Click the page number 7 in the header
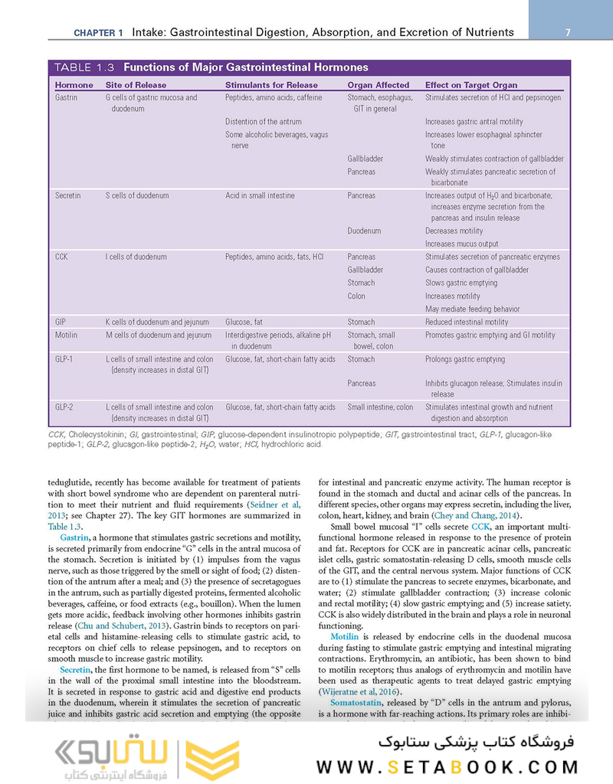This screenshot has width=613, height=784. click(568, 32)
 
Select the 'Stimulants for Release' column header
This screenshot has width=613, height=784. click(271, 85)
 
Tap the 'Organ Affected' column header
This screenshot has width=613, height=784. click(379, 85)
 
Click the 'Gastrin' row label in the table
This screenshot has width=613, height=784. click(67, 98)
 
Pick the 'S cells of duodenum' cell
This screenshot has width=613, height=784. click(137, 196)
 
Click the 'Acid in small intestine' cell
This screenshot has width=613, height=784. click(260, 196)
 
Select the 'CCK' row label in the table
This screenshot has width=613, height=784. click(62, 257)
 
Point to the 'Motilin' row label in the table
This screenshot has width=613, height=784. click(67, 335)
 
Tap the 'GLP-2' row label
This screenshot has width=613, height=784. click(66, 407)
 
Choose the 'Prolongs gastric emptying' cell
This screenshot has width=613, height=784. click(465, 359)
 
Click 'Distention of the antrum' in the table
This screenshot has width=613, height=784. click(264, 122)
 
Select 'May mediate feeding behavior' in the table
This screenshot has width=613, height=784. click(472, 309)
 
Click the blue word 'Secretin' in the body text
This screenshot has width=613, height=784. click(70, 670)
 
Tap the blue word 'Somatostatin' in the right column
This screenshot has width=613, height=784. click(358, 702)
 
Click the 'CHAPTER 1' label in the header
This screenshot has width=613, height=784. click(98, 33)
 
